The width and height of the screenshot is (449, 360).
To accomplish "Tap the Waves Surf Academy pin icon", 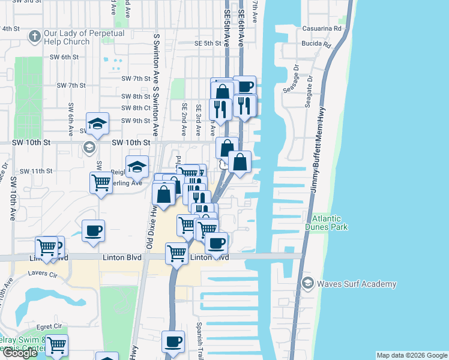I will pyautogui.click(x=308, y=283).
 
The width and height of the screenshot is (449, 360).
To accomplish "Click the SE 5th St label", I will pyautogui.click(x=208, y=43).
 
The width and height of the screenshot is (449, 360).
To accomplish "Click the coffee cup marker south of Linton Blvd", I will pyautogui.click(x=173, y=341).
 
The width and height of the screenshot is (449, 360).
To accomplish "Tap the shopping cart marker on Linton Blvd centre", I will pyautogui.click(x=176, y=253).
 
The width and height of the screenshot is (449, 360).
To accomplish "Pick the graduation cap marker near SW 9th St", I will pyautogui.click(x=97, y=124).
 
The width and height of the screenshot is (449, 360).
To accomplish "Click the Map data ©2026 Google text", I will pyautogui.click(x=411, y=355).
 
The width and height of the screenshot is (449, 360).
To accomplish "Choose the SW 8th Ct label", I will pyautogui.click(x=135, y=108).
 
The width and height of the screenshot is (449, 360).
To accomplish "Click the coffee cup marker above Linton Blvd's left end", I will pyautogui.click(x=92, y=231).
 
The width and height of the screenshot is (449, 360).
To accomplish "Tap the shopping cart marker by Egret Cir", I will pyautogui.click(x=56, y=345).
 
